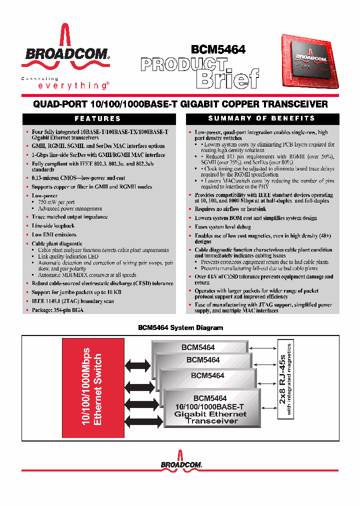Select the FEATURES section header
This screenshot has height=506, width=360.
(x=97, y=119)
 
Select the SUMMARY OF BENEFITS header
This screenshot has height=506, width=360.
(x=261, y=118)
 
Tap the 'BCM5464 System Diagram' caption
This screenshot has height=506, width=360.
(x=180, y=328)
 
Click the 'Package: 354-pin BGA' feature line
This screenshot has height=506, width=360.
(x=57, y=310)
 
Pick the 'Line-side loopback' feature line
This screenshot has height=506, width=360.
(x=53, y=226)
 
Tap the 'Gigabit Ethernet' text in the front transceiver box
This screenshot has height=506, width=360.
(x=210, y=414)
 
